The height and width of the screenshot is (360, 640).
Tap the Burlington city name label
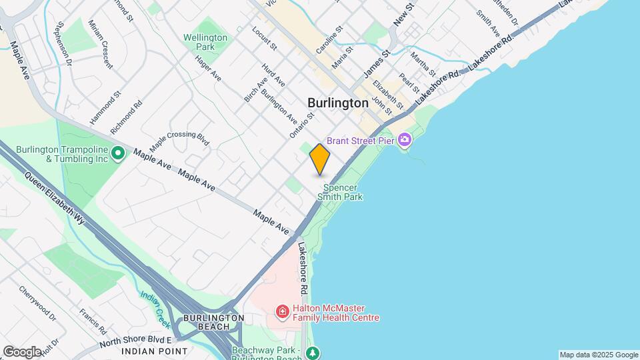tap(338, 103)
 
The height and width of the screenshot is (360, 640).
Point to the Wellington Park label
tap(205, 43)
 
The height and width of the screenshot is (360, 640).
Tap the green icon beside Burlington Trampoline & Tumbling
tap(118, 154)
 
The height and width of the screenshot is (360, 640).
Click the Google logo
tap(22, 351)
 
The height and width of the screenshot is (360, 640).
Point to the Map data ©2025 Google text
tap(597, 355)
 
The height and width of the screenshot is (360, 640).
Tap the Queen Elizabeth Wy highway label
tap(56, 198)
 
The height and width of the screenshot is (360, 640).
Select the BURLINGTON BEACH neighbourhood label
tap(213, 323)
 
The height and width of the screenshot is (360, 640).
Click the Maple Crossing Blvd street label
tap(179, 139)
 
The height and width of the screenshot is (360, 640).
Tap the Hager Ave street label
tap(208, 68)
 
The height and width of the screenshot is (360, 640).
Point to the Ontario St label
tap(302, 125)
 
